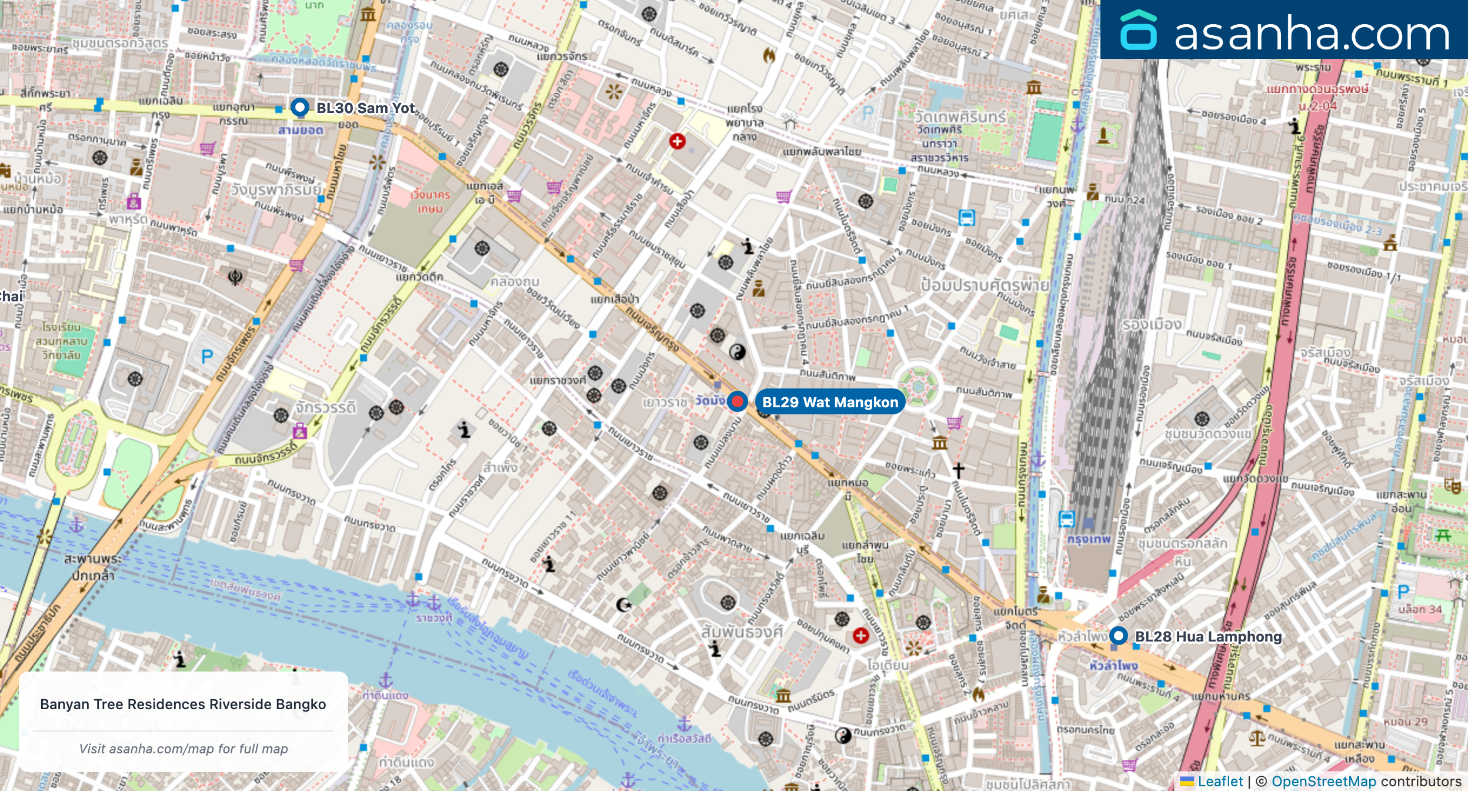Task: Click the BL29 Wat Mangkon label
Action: (830, 402)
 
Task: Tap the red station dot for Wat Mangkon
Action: (737, 401)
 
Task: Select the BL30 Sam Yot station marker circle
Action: (300, 108)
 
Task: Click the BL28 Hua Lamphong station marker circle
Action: (1118, 636)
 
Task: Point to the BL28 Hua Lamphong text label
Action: (1208, 636)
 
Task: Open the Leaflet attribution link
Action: (1220, 781)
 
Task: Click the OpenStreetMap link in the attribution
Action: (1323, 781)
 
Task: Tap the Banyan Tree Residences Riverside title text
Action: (183, 704)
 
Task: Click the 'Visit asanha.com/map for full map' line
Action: (183, 749)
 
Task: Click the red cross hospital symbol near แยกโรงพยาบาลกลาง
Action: (677, 141)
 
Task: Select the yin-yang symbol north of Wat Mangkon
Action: (737, 352)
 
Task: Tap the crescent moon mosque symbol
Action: (623, 604)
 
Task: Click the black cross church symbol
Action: (958, 470)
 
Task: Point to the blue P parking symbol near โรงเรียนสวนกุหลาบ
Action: (207, 357)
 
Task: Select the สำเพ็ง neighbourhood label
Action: (500, 468)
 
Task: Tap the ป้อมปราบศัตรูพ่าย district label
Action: (985, 285)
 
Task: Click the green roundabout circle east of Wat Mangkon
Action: (918, 387)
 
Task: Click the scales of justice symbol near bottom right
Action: (1257, 738)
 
